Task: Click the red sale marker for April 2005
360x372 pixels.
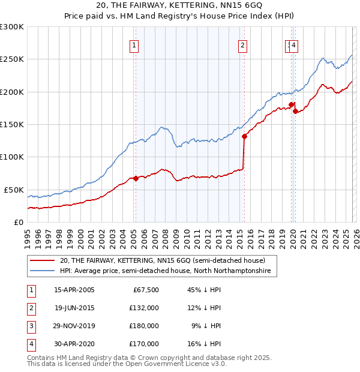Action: (136, 178)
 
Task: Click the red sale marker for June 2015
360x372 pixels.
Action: (244, 136)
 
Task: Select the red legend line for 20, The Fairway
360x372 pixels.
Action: (43, 261)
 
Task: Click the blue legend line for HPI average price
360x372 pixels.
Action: (43, 271)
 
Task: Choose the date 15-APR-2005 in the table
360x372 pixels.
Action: (74, 290)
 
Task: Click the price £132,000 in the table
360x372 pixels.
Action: (144, 308)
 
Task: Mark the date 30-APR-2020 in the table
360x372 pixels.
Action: (74, 344)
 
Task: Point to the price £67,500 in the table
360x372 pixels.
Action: (146, 290)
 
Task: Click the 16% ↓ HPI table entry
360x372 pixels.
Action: (203, 344)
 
